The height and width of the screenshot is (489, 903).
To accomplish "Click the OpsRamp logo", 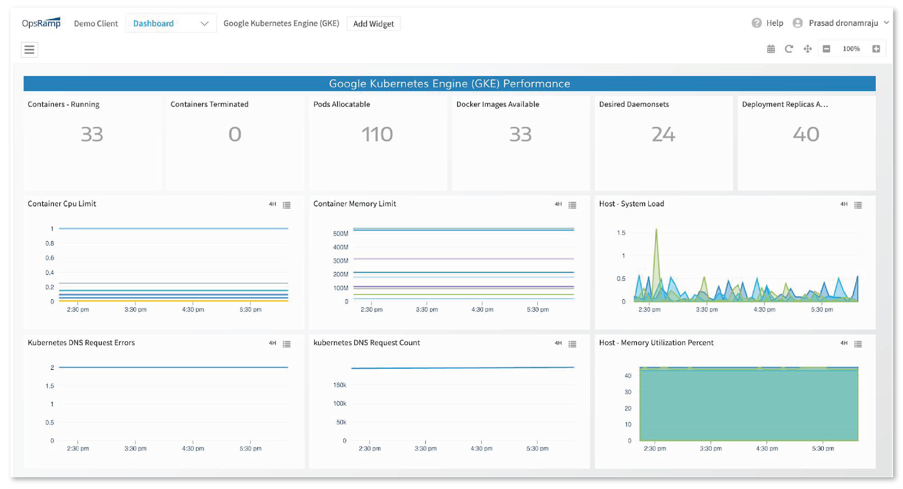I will pyautogui.click(x=41, y=23).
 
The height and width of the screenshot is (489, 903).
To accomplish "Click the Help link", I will pyautogui.click(x=774, y=23).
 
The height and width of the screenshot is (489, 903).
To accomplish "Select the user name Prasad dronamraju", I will pyautogui.click(x=843, y=23).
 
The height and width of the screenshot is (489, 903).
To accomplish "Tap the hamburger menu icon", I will pyautogui.click(x=29, y=49).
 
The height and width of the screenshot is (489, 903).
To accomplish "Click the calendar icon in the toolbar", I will pyautogui.click(x=771, y=49).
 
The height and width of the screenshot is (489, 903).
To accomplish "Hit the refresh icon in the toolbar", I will pyautogui.click(x=789, y=49).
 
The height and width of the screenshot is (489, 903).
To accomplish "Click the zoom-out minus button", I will pyautogui.click(x=826, y=49).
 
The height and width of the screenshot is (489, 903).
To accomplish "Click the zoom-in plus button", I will pyautogui.click(x=876, y=49).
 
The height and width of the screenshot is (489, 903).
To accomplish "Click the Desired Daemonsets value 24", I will pyautogui.click(x=663, y=134).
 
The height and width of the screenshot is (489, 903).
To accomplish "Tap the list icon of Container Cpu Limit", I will pyautogui.click(x=287, y=205).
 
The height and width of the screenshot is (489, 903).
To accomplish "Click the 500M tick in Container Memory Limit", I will pyautogui.click(x=340, y=234).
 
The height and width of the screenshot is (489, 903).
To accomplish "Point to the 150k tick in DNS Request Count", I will pyautogui.click(x=339, y=385).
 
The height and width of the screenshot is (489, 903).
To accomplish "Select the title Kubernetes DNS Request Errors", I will pyautogui.click(x=81, y=343).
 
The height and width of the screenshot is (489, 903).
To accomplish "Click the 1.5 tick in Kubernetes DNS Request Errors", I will pyautogui.click(x=50, y=386).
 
